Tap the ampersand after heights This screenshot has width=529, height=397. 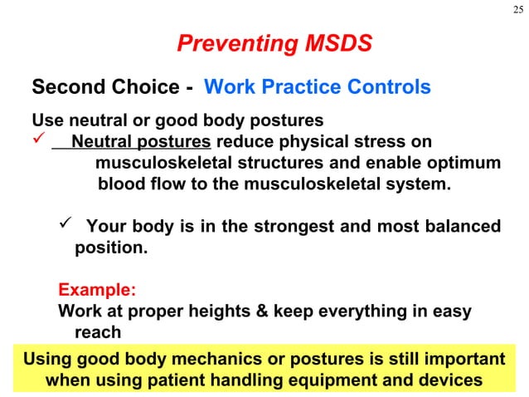click(x=264, y=312)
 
